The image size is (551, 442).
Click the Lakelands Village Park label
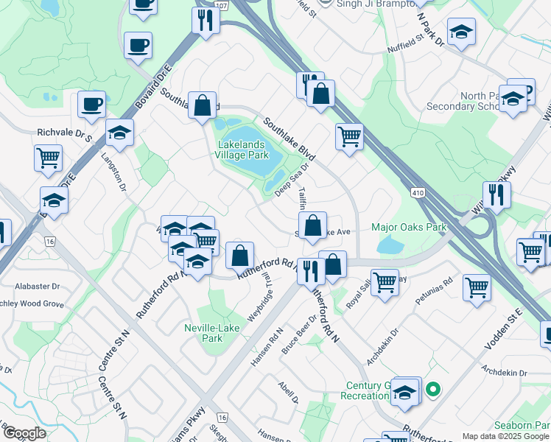[241, 150]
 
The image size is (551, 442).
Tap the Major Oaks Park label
[409, 227]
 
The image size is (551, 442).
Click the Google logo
[24, 433]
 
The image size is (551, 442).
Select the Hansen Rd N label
[267, 348]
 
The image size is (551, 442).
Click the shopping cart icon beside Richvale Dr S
[48, 157]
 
